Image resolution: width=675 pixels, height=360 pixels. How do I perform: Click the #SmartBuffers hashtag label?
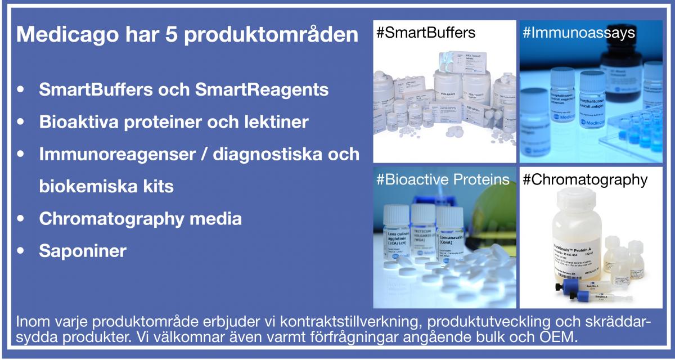(426, 33)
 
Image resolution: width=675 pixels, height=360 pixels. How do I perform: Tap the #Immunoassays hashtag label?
(579, 33)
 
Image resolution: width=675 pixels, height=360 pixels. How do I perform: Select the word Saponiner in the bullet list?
(83, 251)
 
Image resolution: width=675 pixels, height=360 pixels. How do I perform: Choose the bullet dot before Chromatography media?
(21, 219)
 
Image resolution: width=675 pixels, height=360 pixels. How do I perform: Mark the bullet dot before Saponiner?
(21, 251)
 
